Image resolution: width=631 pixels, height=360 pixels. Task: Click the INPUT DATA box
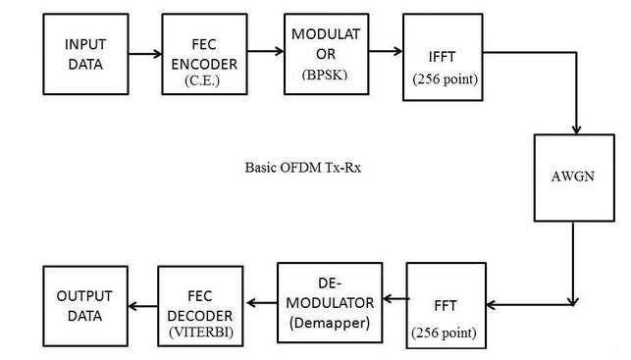click(85, 54)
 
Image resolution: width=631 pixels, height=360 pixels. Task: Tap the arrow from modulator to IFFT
click(385, 56)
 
